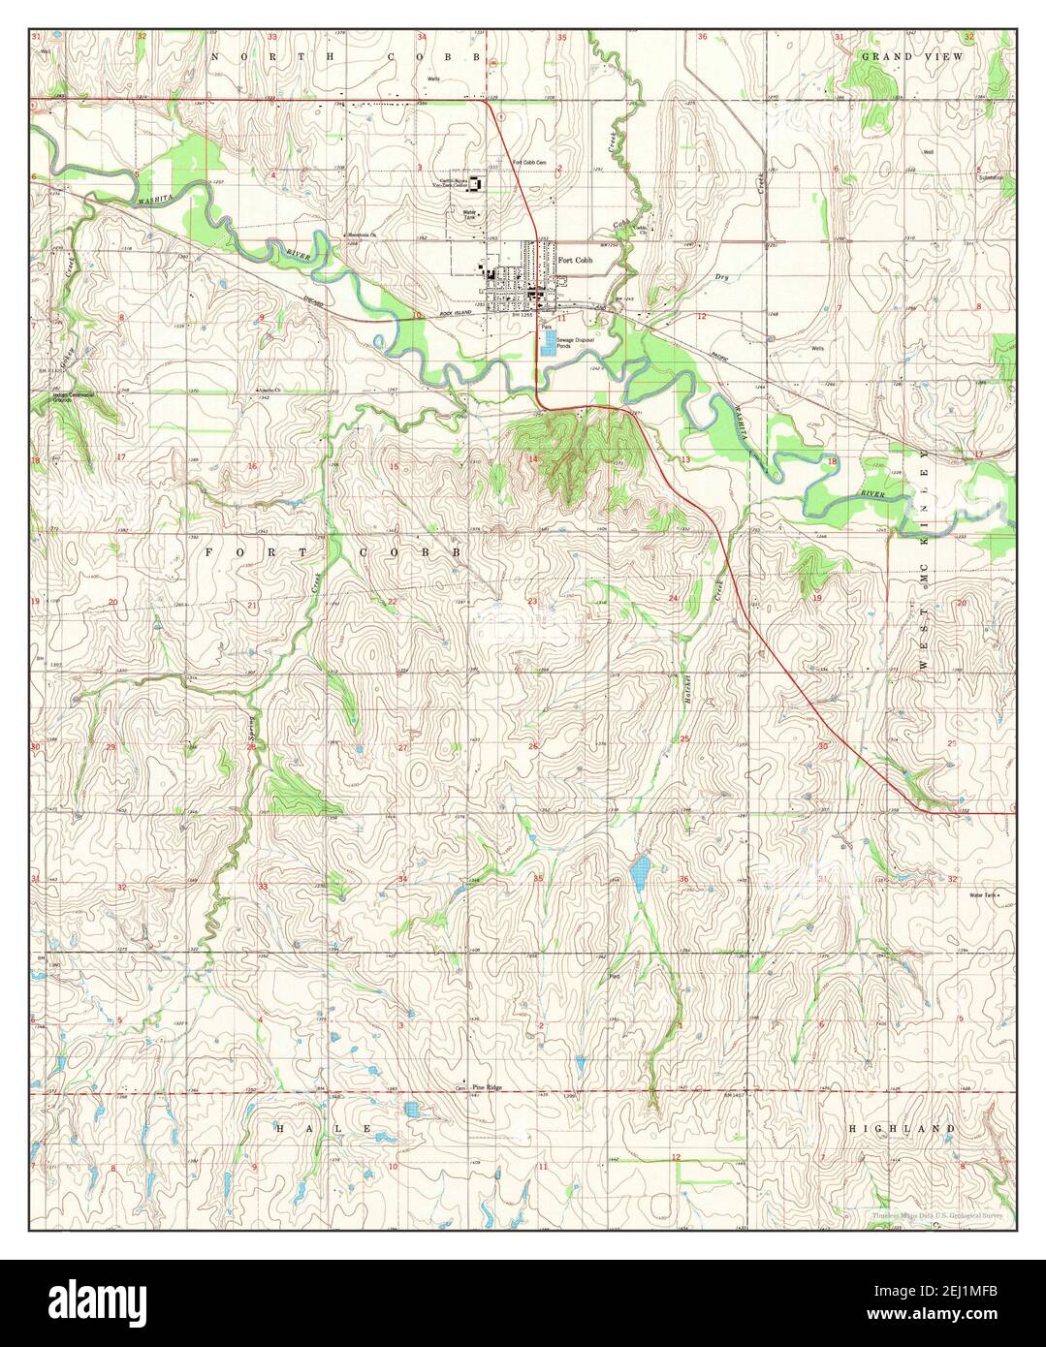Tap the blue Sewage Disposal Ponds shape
(x=549, y=343)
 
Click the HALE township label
(x=324, y=1129)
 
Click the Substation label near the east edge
(x=990, y=177)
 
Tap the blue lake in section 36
(x=638, y=872)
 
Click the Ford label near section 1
(x=613, y=976)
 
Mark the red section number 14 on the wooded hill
(x=532, y=458)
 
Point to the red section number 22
(x=393, y=603)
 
